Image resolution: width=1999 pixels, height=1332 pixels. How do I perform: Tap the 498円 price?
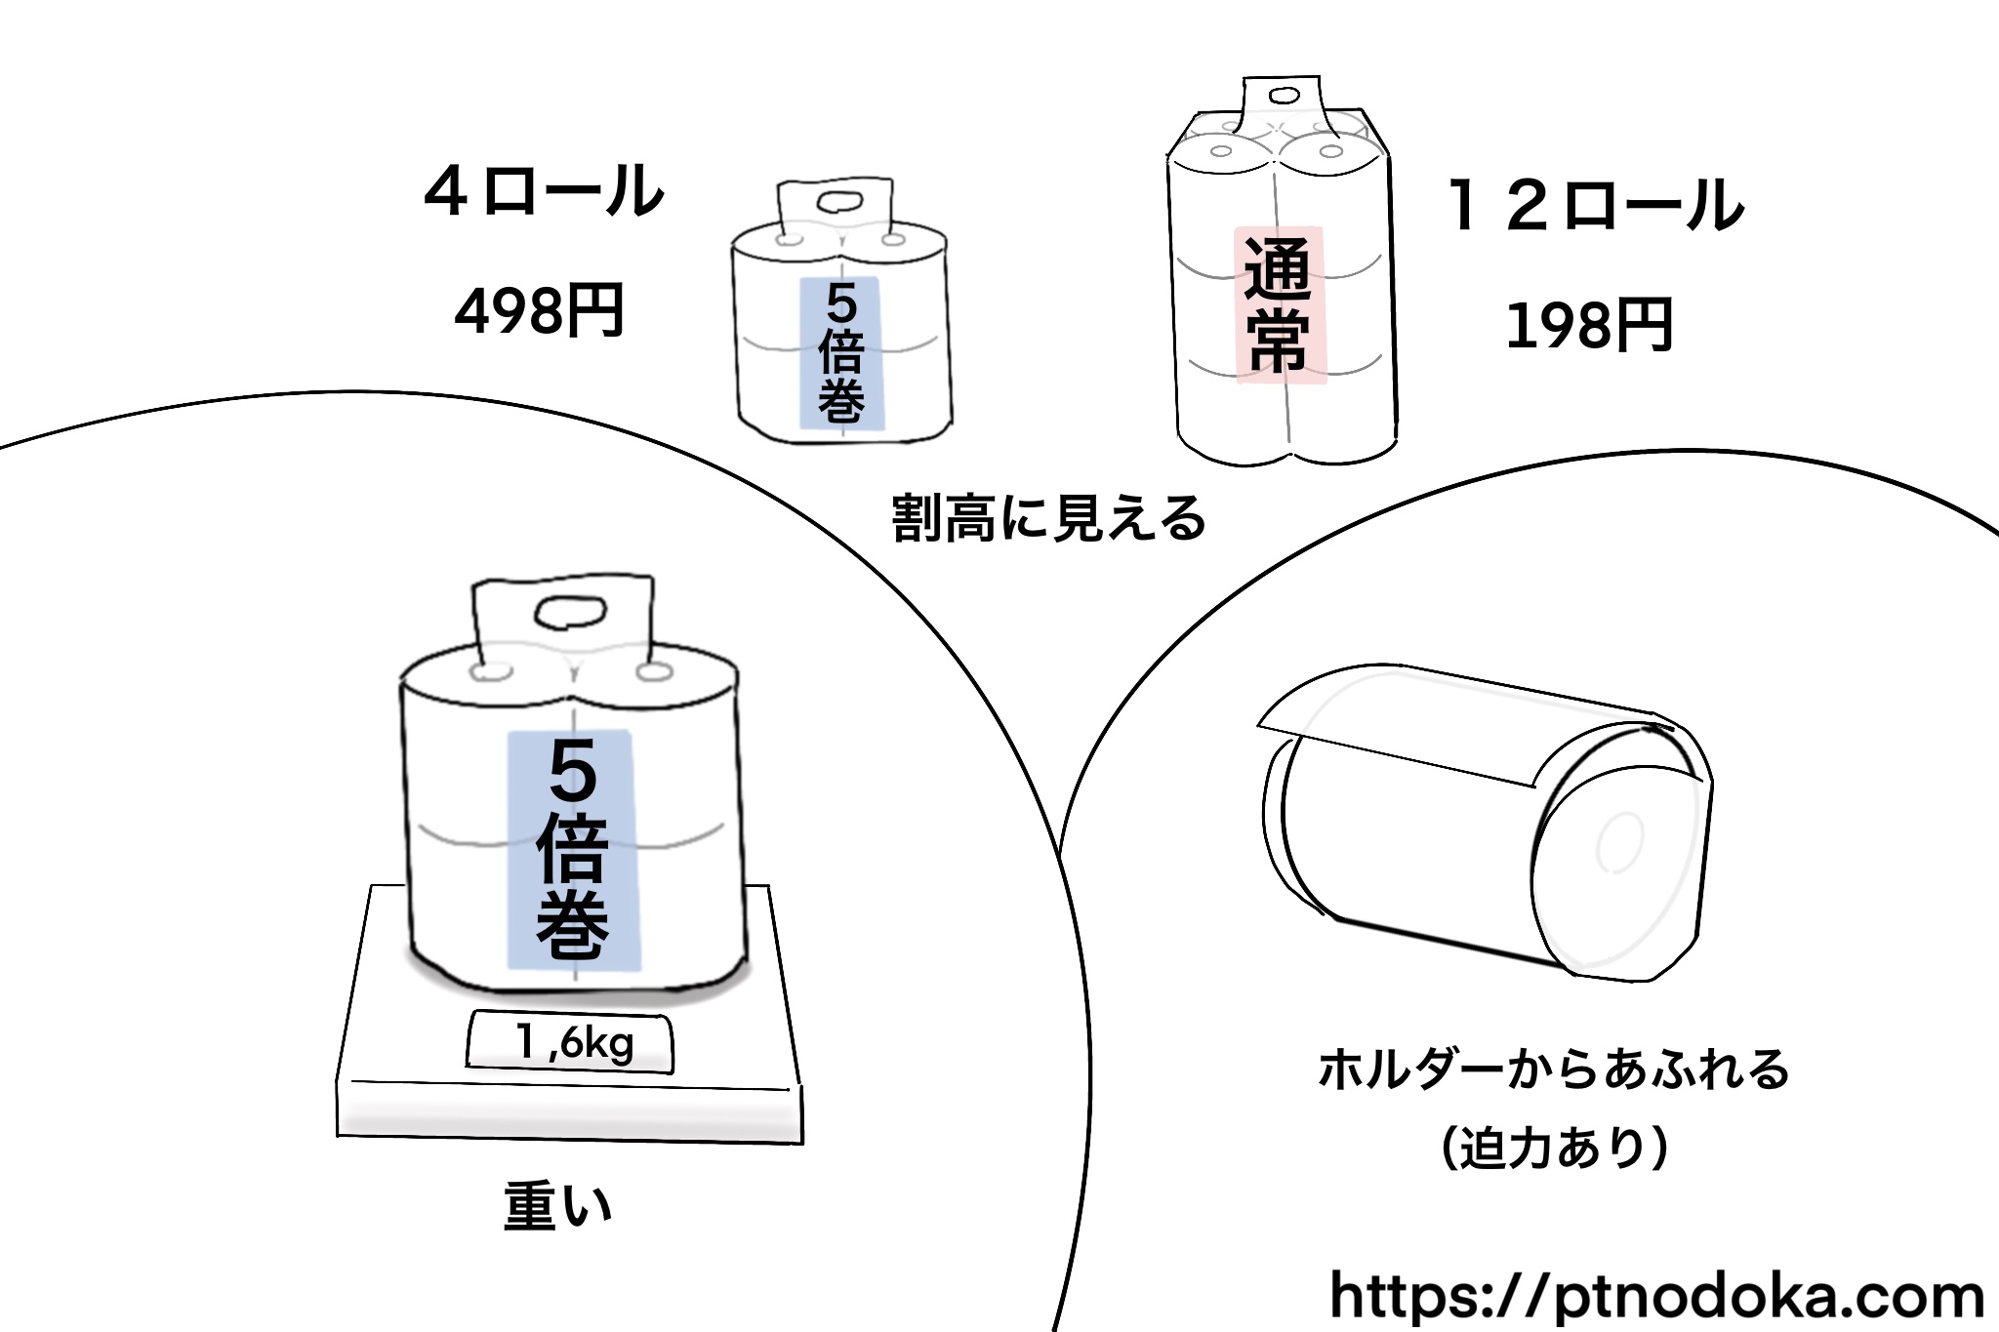point(539,311)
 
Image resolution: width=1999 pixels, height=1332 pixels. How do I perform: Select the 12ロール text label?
point(1595,206)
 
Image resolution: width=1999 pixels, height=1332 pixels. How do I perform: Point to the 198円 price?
point(1590,325)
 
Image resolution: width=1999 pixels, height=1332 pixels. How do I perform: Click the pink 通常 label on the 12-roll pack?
point(1280,305)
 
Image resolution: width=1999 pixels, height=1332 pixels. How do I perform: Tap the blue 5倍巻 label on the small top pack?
point(841,353)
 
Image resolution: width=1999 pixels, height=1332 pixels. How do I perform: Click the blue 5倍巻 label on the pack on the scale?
point(573,849)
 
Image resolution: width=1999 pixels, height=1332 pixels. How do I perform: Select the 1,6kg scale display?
point(571,1042)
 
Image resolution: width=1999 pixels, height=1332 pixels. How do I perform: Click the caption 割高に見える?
point(1048,518)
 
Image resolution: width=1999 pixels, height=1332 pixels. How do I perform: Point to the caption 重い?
point(557,1206)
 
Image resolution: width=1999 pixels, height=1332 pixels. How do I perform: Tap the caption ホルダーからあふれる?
point(1554,1070)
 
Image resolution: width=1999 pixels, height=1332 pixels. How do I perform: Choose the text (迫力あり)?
point(1554,1148)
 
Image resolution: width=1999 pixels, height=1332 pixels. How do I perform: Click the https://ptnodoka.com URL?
point(1656,1296)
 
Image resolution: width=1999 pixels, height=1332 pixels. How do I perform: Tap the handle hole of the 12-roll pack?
point(1285,97)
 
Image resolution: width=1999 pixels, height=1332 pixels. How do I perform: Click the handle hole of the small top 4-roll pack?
point(836,203)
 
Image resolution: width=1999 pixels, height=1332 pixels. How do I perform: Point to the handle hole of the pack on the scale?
point(569,612)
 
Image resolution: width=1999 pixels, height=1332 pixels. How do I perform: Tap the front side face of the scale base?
point(570,1112)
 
